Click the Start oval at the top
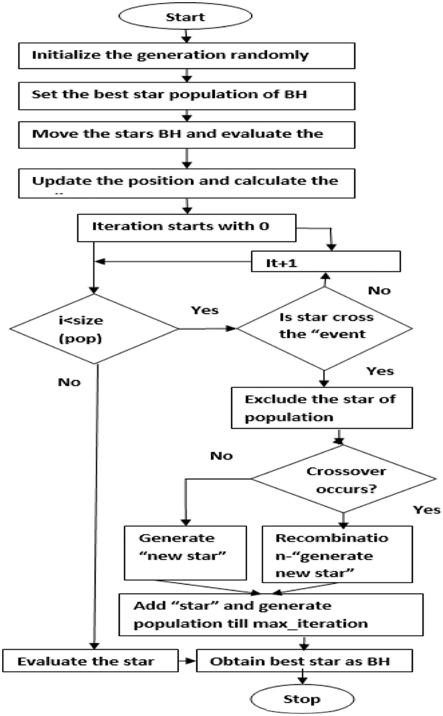pos(185,16)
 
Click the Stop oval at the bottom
pos(302,699)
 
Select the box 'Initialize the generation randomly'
pos(187,55)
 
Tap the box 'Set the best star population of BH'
pos(187,95)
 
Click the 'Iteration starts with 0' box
pos(187,227)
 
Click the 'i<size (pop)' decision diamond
pos(94,329)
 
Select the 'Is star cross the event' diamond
pos(325,329)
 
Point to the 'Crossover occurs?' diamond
pos(344,479)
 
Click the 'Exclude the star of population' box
pos(322,408)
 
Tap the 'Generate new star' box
pos(185,552)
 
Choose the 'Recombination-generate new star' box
pos(337,554)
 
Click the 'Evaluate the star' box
pos(90,661)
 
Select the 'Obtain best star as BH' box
pos(304,661)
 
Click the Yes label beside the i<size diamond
pos(205,310)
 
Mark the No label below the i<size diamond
pos(69,382)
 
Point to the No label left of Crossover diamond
pos(221,456)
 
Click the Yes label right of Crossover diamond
pos(427,510)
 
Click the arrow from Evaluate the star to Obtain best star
pos(187,661)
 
